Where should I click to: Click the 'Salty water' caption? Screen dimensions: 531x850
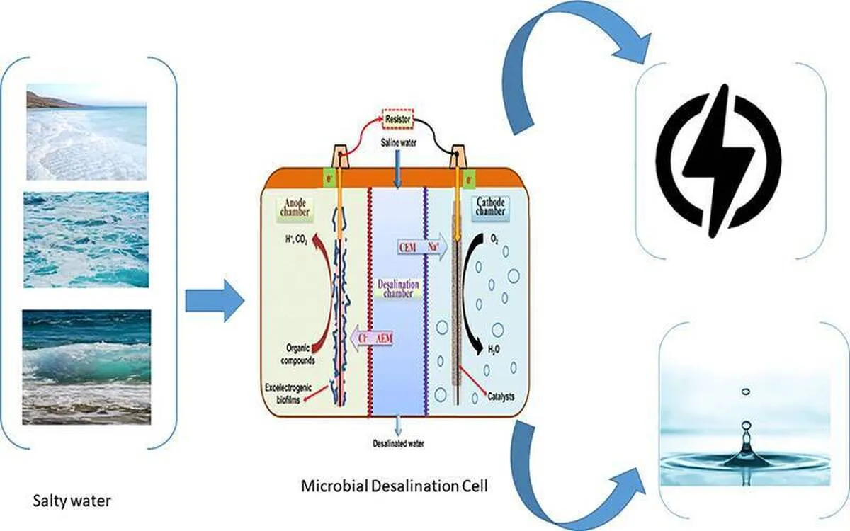pos(72,502)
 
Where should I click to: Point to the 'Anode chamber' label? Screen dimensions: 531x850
pos(296,209)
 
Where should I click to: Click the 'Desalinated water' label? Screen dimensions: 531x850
pos(399,444)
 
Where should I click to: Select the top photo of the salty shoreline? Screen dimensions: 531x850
pos(87,132)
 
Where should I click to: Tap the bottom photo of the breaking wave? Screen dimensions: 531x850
pos(86,367)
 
